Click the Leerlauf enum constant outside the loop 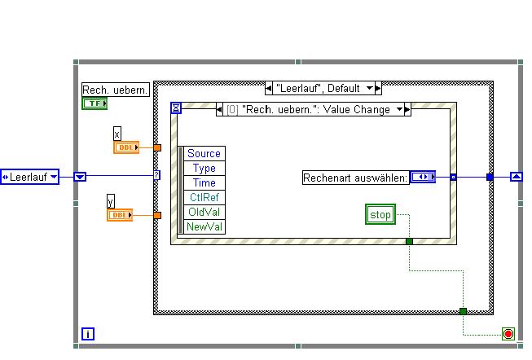29,176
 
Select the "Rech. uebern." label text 116,90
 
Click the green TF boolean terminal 95,103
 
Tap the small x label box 117,133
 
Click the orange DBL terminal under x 125,147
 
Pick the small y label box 111,200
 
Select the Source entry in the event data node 204,153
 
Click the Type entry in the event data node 204,168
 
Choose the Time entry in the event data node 204,182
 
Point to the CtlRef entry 204,197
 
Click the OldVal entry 204,212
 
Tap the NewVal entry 204,226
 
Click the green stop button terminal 380,215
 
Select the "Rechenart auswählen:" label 355,177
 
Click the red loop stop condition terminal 508,334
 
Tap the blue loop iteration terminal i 89,333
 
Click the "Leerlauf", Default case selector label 323,88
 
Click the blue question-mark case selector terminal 157,175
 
